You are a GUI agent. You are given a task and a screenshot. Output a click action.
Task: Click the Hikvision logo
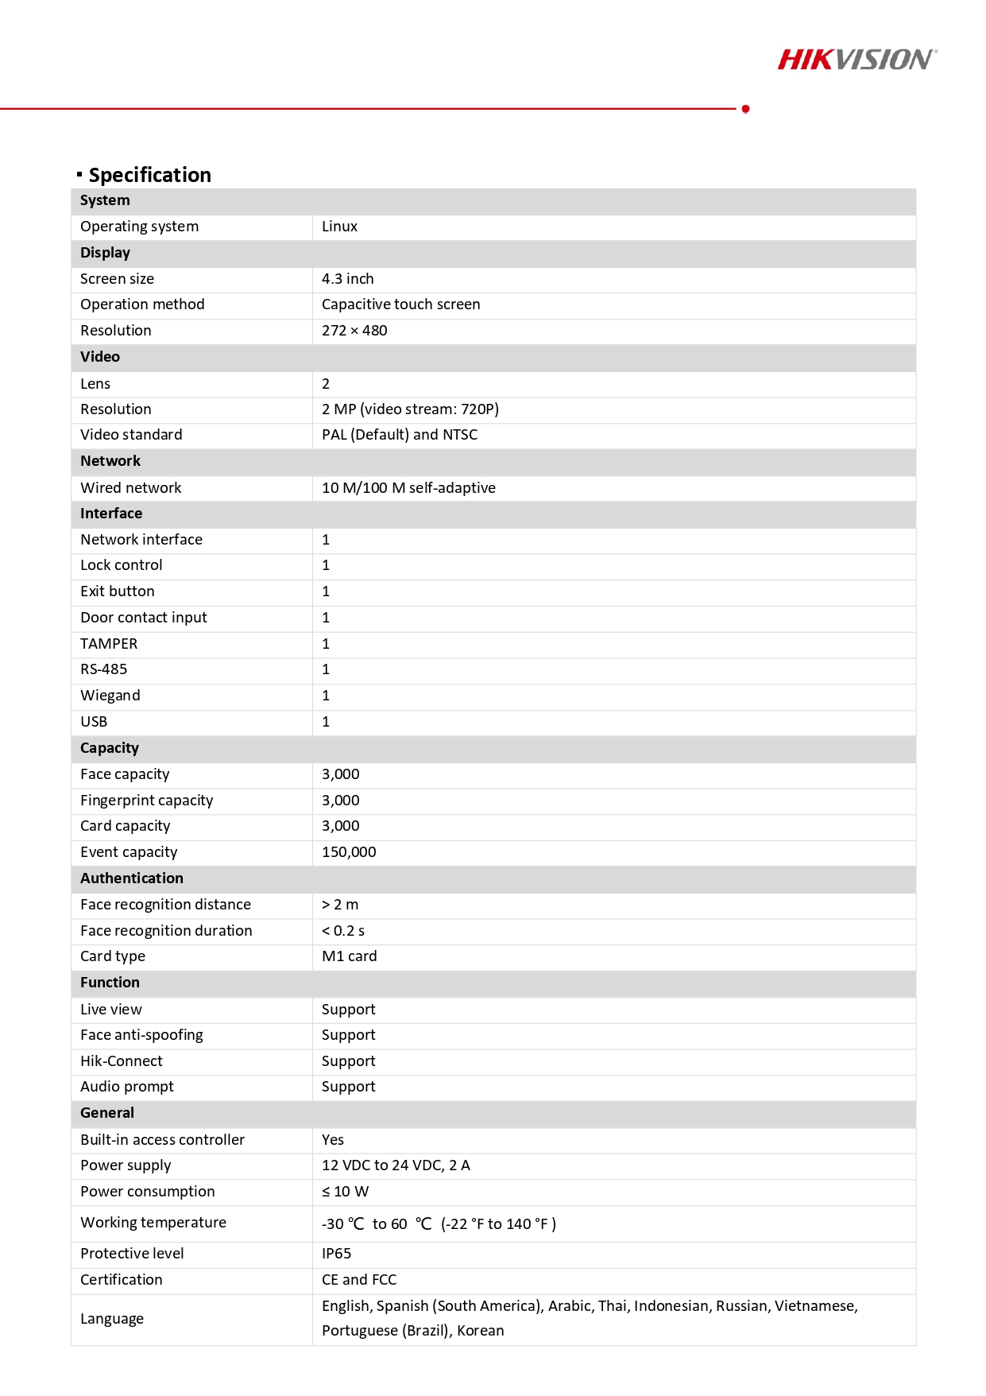click(x=856, y=60)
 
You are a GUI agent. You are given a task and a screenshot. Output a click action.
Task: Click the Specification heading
click(x=149, y=175)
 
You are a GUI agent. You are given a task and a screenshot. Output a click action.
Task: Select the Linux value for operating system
click(x=339, y=227)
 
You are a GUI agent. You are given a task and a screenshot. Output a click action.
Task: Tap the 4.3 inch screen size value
click(x=347, y=279)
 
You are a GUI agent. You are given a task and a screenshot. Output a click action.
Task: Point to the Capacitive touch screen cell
click(x=400, y=304)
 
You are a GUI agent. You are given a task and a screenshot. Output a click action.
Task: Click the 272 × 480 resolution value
click(x=354, y=331)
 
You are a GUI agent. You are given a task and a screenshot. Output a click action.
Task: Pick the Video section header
click(x=100, y=357)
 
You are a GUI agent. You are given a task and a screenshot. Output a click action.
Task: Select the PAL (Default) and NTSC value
click(x=400, y=435)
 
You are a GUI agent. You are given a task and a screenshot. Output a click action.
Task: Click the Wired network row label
click(x=130, y=488)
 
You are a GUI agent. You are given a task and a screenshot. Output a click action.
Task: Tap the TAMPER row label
click(x=109, y=644)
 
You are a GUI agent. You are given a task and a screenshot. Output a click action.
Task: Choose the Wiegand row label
click(x=110, y=696)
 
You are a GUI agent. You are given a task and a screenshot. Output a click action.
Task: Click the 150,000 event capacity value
click(x=349, y=852)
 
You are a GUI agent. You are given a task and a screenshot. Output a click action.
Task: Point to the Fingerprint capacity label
click(x=146, y=801)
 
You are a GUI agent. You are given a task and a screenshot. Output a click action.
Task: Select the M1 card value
click(x=349, y=956)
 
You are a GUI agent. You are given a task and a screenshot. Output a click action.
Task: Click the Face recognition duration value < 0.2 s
click(x=343, y=931)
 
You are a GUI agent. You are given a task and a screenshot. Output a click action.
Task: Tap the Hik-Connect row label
click(x=121, y=1061)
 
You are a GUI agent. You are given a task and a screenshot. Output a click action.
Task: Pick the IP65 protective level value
click(x=336, y=1254)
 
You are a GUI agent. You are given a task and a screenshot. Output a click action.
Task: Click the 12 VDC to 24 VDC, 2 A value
click(x=396, y=1165)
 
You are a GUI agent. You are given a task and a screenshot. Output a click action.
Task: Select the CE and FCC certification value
click(x=358, y=1280)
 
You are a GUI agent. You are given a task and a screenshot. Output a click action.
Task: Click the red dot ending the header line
click(x=745, y=109)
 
